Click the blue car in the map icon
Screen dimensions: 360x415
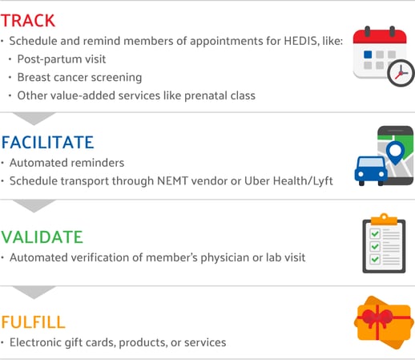pos(371,169)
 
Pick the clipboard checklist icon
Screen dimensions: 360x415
pos(384,244)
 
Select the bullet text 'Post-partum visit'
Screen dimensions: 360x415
pos(62,60)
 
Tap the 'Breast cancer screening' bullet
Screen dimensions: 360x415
pos(80,78)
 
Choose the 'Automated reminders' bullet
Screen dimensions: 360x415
pos(66,163)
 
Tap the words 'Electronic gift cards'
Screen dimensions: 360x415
pos(62,342)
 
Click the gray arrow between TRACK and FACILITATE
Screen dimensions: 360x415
pos(36,119)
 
